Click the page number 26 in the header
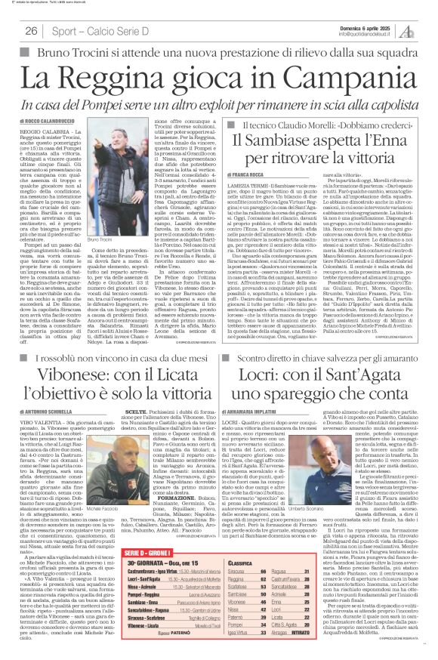[32, 31]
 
